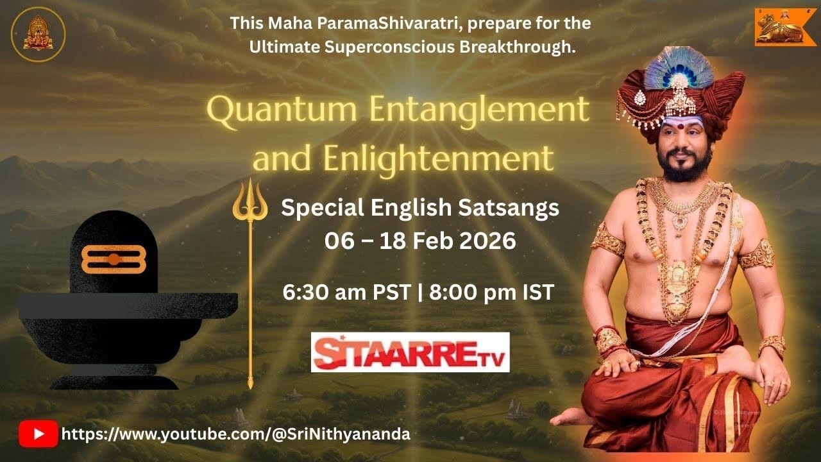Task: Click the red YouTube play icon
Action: (38, 434)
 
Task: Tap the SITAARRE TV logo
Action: (410, 352)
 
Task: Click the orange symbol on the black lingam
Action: (114, 259)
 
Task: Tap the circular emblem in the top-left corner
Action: (38, 33)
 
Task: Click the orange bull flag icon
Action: (781, 27)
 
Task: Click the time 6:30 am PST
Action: (346, 293)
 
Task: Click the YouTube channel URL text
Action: (235, 434)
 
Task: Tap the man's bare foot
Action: (573, 416)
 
